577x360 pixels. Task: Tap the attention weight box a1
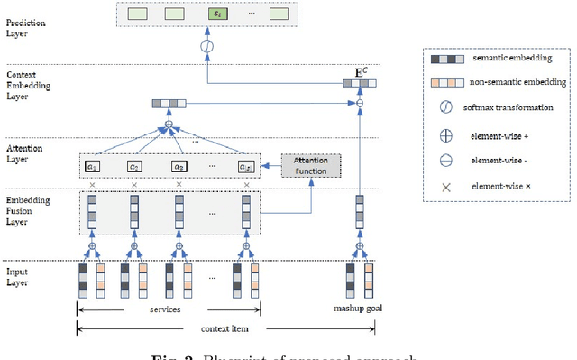pyautogui.click(x=91, y=166)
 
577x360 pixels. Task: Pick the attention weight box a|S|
pyautogui.click(x=245, y=166)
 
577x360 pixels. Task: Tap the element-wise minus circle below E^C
pyautogui.click(x=361, y=103)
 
